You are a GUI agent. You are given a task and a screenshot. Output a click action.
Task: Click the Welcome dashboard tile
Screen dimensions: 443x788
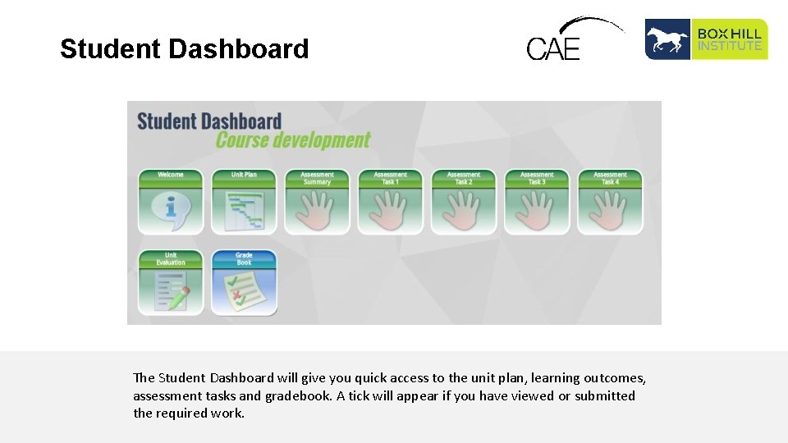[x=171, y=202]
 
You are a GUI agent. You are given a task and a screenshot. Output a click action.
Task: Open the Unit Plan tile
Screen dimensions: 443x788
[x=244, y=202]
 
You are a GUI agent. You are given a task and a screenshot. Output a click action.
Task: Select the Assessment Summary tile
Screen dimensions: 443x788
[x=317, y=202]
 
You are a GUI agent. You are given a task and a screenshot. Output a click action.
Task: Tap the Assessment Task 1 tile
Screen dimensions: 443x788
[x=390, y=202]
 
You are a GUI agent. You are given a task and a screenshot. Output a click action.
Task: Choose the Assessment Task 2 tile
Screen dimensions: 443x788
[x=464, y=202]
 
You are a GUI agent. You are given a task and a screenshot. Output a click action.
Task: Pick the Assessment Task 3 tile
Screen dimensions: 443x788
[x=537, y=202]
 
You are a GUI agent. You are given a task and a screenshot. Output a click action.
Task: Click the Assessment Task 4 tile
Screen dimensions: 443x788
[x=610, y=202]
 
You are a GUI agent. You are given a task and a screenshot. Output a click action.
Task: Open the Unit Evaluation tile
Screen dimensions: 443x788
[x=171, y=282]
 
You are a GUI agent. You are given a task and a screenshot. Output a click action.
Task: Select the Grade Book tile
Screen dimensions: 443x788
[x=244, y=282]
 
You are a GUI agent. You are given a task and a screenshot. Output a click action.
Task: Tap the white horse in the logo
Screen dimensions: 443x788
[x=667, y=39]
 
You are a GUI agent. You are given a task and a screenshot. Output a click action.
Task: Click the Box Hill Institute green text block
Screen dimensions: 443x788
[x=730, y=39]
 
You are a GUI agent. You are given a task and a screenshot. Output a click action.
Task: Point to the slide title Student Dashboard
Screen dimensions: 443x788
[x=185, y=49]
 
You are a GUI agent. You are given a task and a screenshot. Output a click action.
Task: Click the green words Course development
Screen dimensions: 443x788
[x=293, y=140]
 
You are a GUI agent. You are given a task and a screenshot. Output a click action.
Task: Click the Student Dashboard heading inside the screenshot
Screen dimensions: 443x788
[x=209, y=121]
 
